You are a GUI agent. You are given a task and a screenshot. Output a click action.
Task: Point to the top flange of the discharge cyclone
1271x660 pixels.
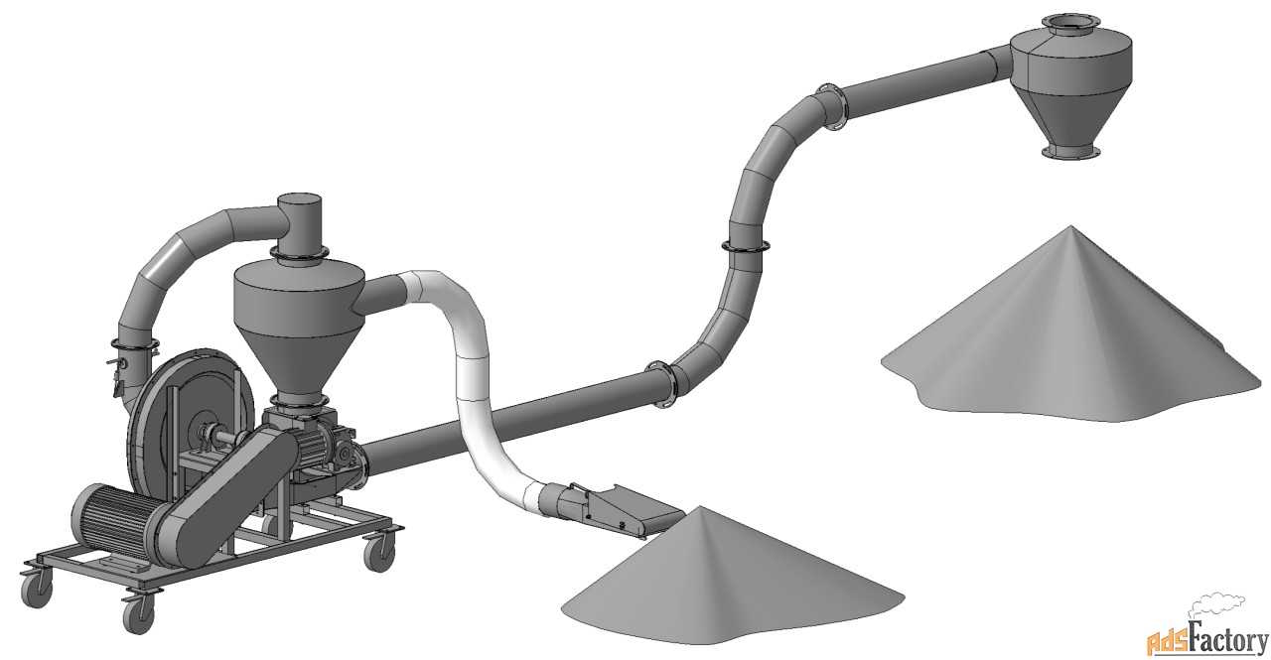[x=1070, y=22]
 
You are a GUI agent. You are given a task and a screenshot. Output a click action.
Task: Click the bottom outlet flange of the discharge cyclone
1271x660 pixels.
[x=1070, y=152]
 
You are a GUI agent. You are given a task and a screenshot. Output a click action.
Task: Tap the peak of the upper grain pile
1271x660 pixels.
[x=1071, y=227]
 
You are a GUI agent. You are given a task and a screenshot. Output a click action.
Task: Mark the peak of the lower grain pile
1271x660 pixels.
[x=702, y=507]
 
